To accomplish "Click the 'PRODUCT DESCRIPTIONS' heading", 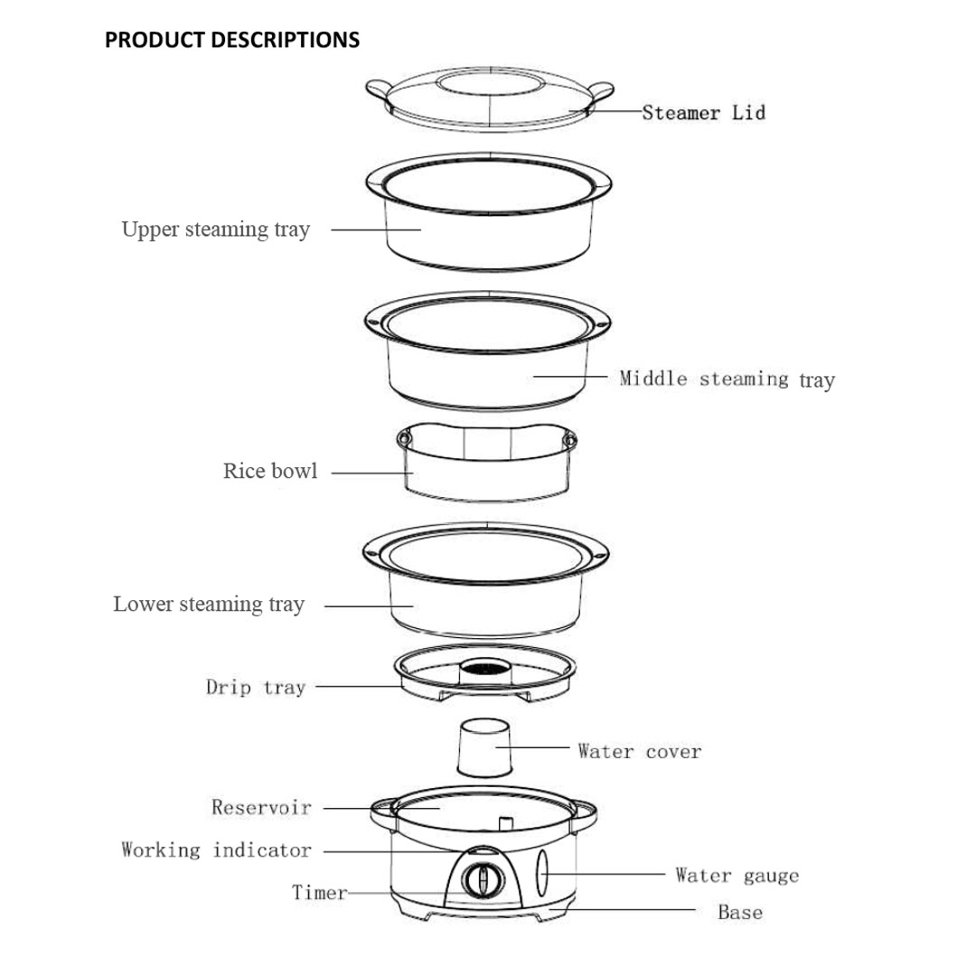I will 232,40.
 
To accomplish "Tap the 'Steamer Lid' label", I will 703,113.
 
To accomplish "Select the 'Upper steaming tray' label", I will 215,230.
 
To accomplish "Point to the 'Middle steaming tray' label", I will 727,380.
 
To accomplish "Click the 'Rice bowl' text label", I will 270,472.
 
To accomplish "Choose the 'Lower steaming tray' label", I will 209,605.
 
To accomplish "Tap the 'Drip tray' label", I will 256,688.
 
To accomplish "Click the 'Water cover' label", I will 639,751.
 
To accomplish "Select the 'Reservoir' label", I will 261,807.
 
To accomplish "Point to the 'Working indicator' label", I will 216,850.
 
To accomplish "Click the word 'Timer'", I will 319,893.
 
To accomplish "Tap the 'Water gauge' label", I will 737,876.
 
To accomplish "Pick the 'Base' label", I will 739,913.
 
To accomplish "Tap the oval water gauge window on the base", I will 543,875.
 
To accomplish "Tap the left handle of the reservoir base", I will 381,811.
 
